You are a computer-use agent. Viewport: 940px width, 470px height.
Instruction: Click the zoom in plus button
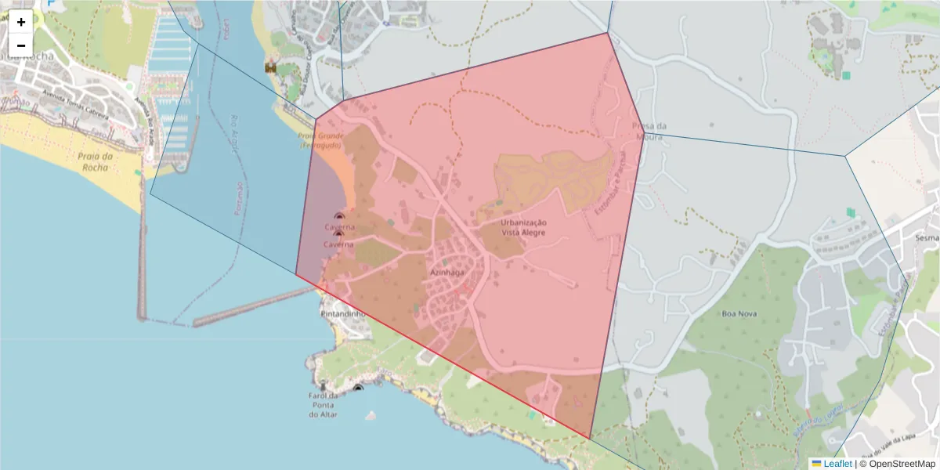21,22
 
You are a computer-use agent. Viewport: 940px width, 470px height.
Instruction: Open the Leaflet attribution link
837,464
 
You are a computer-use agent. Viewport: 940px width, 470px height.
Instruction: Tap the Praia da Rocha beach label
96,161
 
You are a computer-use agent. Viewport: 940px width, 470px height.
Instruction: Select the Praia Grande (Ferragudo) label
319,141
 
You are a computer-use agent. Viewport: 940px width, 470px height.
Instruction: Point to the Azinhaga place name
447,273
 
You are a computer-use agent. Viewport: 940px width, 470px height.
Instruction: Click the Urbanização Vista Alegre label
524,227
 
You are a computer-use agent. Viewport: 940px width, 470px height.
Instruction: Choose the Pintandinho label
343,313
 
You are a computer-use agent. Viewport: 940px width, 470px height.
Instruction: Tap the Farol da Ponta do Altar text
322,404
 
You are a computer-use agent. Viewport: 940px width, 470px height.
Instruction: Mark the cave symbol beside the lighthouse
358,388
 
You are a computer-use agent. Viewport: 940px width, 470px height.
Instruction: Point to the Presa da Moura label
649,132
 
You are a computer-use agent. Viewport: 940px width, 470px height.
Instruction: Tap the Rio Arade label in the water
233,133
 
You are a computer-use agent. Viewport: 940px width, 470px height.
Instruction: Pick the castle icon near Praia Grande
271,68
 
